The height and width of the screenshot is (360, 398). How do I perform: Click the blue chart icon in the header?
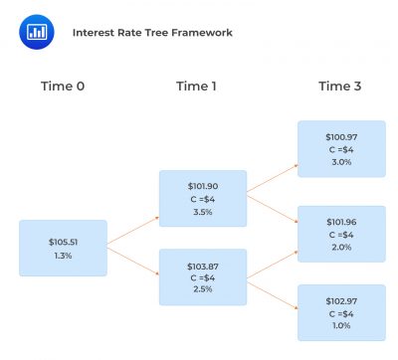point(36,31)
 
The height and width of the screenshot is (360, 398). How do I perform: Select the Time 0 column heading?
point(63,87)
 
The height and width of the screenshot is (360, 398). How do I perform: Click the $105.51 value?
point(63,242)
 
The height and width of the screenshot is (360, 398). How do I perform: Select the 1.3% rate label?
point(63,256)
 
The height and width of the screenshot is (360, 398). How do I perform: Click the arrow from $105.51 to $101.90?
point(131,227)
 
